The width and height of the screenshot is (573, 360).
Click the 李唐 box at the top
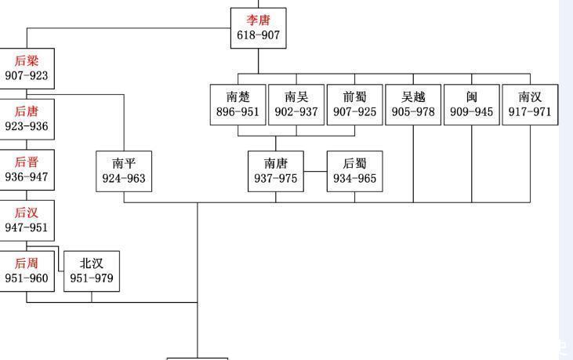tap(258, 27)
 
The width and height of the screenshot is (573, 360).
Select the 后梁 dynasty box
tap(27, 68)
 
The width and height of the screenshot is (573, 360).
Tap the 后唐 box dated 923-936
tap(27, 118)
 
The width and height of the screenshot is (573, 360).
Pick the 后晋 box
tap(27, 169)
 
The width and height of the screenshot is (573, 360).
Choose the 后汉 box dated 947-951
tap(27, 220)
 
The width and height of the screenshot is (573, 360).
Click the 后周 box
tap(27, 271)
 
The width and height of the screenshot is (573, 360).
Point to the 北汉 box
tap(92, 271)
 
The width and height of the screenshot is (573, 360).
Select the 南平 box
tap(124, 170)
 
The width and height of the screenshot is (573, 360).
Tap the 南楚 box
tap(238, 104)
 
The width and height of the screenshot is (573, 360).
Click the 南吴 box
tap(296, 104)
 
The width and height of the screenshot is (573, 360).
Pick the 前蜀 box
tap(354, 104)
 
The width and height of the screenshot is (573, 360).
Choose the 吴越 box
tap(413, 104)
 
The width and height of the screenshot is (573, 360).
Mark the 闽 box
tap(471, 104)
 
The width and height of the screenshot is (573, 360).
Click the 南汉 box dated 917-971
tap(530, 104)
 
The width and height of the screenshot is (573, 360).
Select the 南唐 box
tap(276, 170)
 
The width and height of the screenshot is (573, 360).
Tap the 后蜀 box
tap(354, 170)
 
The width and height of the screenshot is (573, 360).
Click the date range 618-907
tap(258, 35)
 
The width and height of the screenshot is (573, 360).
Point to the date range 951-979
tap(92, 278)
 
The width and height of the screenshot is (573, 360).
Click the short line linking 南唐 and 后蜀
tap(315, 171)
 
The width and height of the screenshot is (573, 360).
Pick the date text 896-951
tap(238, 112)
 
